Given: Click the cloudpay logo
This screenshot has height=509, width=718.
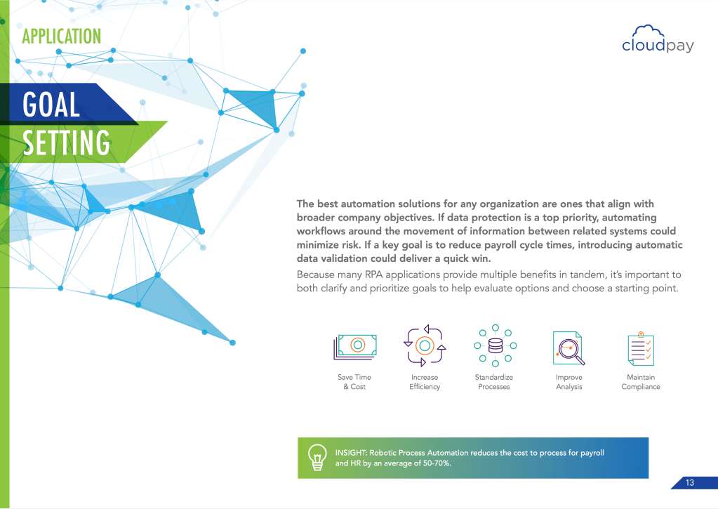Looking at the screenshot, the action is [658, 39].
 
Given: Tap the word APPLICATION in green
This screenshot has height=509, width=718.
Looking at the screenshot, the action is [62, 37].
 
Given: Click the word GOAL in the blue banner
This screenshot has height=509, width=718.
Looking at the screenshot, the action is [51, 105].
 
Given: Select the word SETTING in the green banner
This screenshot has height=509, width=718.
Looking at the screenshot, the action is [67, 143].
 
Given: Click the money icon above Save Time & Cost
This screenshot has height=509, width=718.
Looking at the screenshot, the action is [355, 346].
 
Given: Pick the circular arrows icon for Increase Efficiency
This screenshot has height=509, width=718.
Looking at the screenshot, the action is [425, 345].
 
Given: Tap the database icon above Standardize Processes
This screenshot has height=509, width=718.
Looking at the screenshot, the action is [495, 345].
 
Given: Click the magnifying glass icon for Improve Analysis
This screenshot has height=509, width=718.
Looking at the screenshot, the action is [569, 349].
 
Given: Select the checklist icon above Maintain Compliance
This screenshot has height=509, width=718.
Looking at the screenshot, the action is [641, 349].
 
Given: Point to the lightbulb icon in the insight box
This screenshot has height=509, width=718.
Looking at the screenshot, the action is [317, 457].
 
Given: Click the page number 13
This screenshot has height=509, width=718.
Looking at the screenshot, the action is [690, 482].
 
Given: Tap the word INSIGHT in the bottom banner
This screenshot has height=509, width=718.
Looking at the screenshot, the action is [351, 453].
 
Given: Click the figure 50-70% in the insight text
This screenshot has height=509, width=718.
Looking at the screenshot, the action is [437, 463].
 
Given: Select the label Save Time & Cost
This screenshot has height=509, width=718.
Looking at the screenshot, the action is [354, 382].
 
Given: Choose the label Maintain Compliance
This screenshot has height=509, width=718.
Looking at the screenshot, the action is [641, 382].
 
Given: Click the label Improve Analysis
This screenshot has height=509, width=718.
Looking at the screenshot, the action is [569, 382].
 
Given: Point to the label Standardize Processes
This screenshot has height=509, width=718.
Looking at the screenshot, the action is [493, 382].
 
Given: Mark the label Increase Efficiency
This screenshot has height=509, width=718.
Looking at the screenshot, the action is [425, 382].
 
